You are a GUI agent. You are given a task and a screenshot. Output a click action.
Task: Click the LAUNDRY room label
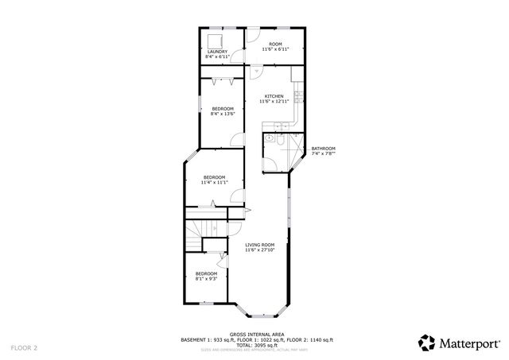[x=217, y=52]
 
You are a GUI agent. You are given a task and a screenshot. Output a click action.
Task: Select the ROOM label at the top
[x=275, y=45]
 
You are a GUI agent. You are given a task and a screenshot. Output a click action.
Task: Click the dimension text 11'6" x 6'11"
[x=275, y=50]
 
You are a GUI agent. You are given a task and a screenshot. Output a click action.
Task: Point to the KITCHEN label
[x=274, y=97]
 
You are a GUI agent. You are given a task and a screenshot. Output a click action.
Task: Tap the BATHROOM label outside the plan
[x=323, y=149]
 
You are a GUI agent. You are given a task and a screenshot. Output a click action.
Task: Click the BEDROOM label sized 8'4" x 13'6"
[x=223, y=108]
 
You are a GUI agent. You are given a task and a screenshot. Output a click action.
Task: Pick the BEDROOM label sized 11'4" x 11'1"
[x=214, y=177]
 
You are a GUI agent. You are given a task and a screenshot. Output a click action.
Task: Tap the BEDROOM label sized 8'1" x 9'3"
[x=206, y=273]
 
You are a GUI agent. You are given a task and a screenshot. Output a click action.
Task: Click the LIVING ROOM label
[x=260, y=245]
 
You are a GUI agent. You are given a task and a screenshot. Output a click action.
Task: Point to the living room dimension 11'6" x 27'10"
[x=260, y=250]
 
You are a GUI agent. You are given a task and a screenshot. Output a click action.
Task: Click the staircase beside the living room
[x=196, y=235]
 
